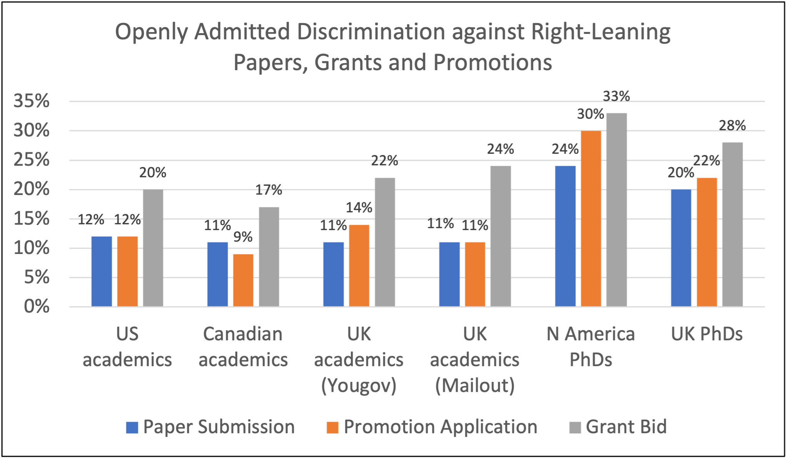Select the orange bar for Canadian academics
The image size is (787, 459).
click(243, 280)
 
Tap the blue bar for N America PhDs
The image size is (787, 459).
click(565, 236)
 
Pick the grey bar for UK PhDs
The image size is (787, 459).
click(732, 224)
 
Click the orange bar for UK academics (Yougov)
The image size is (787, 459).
click(359, 266)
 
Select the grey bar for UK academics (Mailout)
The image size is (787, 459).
click(501, 236)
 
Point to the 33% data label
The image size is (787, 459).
click(616, 96)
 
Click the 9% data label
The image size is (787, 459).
click(243, 237)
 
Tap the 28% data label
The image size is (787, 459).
click(732, 125)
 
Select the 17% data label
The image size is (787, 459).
click(269, 190)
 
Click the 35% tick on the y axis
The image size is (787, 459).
click(32, 101)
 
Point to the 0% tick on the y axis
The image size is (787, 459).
click(37, 306)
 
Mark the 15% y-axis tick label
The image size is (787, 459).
click(32, 219)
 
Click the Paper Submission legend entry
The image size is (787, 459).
click(211, 427)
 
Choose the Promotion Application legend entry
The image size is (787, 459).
click(432, 427)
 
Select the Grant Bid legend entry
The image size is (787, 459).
click(618, 427)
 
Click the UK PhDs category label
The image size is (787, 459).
click(707, 334)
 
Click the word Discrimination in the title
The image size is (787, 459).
click(371, 32)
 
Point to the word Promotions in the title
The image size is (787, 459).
click(492, 62)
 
